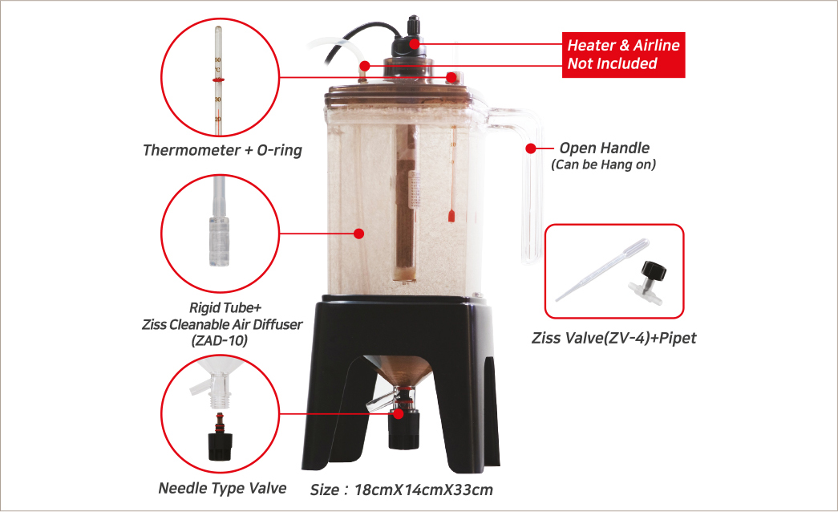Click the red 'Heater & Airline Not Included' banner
pyautogui.click(x=624, y=55)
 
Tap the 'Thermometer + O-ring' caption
pyautogui.click(x=222, y=150)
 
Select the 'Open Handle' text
pyautogui.click(x=604, y=148)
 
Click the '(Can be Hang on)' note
pyautogui.click(x=604, y=165)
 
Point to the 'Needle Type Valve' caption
pyautogui.click(x=222, y=487)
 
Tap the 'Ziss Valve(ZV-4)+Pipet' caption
pyautogui.click(x=613, y=338)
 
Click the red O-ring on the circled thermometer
pyautogui.click(x=217, y=80)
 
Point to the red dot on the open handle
pyautogui.click(x=530, y=148)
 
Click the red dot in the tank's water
pyautogui.click(x=358, y=234)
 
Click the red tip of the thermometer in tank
pyautogui.click(x=452, y=215)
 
